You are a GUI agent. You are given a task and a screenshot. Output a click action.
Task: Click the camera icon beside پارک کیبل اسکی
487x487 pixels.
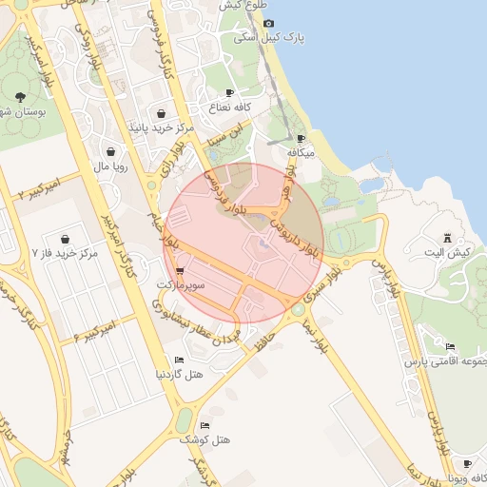tap(268, 23)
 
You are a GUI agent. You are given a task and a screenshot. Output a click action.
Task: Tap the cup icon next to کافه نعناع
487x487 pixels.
tap(229, 91)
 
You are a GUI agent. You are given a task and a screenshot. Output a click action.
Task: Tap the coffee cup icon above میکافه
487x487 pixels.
tap(301, 138)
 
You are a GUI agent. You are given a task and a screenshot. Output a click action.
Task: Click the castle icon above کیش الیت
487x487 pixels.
tap(448, 237)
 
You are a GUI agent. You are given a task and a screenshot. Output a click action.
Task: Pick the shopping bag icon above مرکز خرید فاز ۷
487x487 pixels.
tap(65, 238)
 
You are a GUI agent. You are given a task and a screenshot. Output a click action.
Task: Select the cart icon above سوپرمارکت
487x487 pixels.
tap(180, 271)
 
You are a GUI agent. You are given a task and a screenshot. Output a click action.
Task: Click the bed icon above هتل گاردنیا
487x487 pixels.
tap(179, 360)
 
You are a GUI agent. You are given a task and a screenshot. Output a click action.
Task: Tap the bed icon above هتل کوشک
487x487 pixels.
tap(205, 424)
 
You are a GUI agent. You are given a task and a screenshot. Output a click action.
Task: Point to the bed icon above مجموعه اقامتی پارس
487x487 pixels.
tap(448, 347)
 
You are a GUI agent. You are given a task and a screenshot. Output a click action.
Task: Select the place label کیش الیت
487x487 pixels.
tap(448, 253)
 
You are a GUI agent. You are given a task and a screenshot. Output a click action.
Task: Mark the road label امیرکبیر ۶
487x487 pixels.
tap(93, 330)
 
